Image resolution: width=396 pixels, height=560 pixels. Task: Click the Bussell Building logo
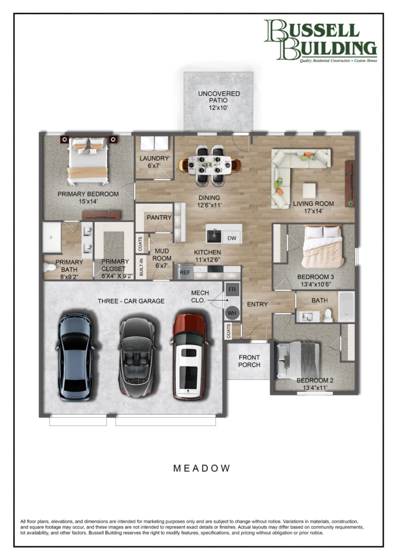[x=321, y=41]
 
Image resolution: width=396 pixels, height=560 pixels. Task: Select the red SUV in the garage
[x=189, y=356]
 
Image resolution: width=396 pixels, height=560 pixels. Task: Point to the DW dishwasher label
[x=232, y=238]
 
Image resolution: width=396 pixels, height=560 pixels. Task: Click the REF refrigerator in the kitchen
[x=185, y=272]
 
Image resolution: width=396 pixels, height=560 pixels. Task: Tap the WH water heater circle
[x=232, y=313]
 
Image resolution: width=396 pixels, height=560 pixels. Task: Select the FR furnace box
[x=232, y=289]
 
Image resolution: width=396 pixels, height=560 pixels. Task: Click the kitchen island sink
[x=214, y=236]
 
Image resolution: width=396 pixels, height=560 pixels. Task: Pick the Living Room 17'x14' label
[x=313, y=207]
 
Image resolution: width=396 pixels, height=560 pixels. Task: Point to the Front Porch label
[x=249, y=361]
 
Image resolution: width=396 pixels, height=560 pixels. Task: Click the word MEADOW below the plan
[x=202, y=468]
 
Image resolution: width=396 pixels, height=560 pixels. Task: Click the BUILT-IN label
[x=141, y=267]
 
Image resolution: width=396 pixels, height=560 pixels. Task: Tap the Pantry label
[x=159, y=217]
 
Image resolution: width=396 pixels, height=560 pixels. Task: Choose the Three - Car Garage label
[x=131, y=301]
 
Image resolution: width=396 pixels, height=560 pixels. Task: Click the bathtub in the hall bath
[x=346, y=306]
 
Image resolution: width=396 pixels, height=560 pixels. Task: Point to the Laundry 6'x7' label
[x=154, y=162]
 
